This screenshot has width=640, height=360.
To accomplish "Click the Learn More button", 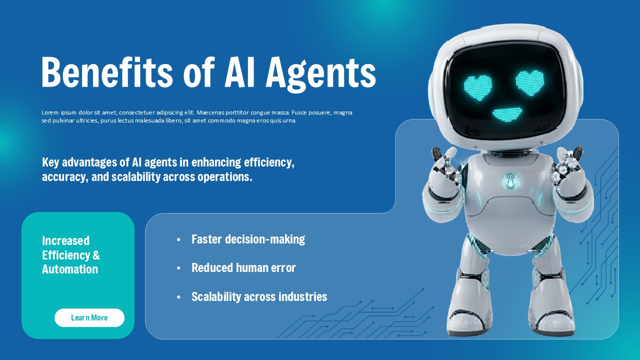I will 89,317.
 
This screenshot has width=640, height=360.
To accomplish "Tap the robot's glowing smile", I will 506,114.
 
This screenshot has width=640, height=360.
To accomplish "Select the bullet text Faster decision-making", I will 248,239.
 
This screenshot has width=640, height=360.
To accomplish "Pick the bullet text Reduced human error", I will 243,268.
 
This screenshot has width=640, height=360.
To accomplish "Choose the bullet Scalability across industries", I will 259,297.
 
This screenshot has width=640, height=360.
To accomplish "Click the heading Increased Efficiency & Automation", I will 70,255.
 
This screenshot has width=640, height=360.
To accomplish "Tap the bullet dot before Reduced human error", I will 178,268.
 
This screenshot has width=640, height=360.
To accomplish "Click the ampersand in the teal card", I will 96,255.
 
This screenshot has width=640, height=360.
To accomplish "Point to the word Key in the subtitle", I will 50,162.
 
